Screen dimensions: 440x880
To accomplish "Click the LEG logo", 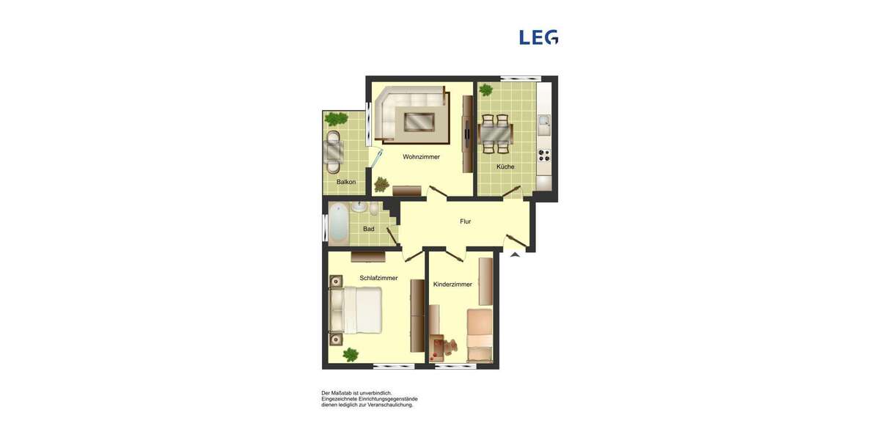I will pos(538,37).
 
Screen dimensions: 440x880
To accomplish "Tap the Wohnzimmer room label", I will pos(421,156).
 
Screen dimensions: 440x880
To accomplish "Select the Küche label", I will pos(505,166).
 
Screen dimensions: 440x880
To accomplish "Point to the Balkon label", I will pos(346,181).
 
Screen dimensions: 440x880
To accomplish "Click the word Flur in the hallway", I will pos(465,221).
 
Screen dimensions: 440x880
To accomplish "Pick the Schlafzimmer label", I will pos(378,278).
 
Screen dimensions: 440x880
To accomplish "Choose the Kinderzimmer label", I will pos(452,284).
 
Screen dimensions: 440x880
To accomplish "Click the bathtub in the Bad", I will pos(338,223).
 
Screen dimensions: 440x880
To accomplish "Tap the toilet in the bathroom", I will pos(374,210).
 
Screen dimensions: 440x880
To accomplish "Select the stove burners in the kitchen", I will pos(543,155).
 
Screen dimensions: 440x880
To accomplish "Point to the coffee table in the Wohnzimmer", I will pos(419,121).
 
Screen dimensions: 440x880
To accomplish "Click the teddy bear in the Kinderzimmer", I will pos(451,345).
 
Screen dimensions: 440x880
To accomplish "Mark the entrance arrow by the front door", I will pos(515,254).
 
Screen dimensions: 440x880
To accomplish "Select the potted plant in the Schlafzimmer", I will pos(351,354).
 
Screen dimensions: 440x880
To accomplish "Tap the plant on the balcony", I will pos(337,119).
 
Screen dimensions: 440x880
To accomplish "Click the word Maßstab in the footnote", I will pos(345,393).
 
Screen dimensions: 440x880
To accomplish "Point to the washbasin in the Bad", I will pos(359,208).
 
